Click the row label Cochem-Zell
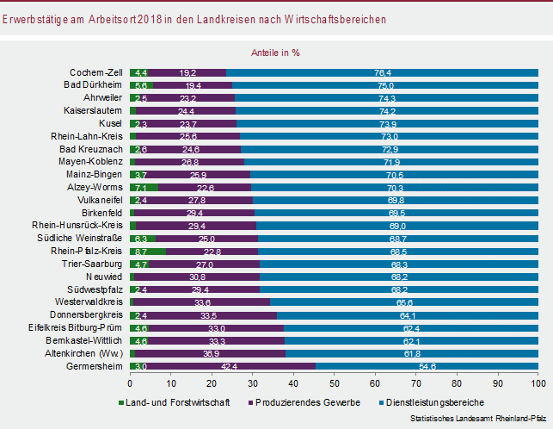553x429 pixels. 99,72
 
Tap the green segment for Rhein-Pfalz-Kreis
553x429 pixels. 148,252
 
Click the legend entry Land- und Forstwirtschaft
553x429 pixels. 177,402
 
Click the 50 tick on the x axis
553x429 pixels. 334,382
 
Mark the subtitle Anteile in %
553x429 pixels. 275,52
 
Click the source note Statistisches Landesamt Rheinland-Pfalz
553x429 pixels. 477,418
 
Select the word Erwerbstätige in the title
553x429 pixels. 31,17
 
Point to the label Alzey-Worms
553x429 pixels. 95,187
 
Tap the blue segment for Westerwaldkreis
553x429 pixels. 404,302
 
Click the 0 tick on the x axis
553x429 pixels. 130,382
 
